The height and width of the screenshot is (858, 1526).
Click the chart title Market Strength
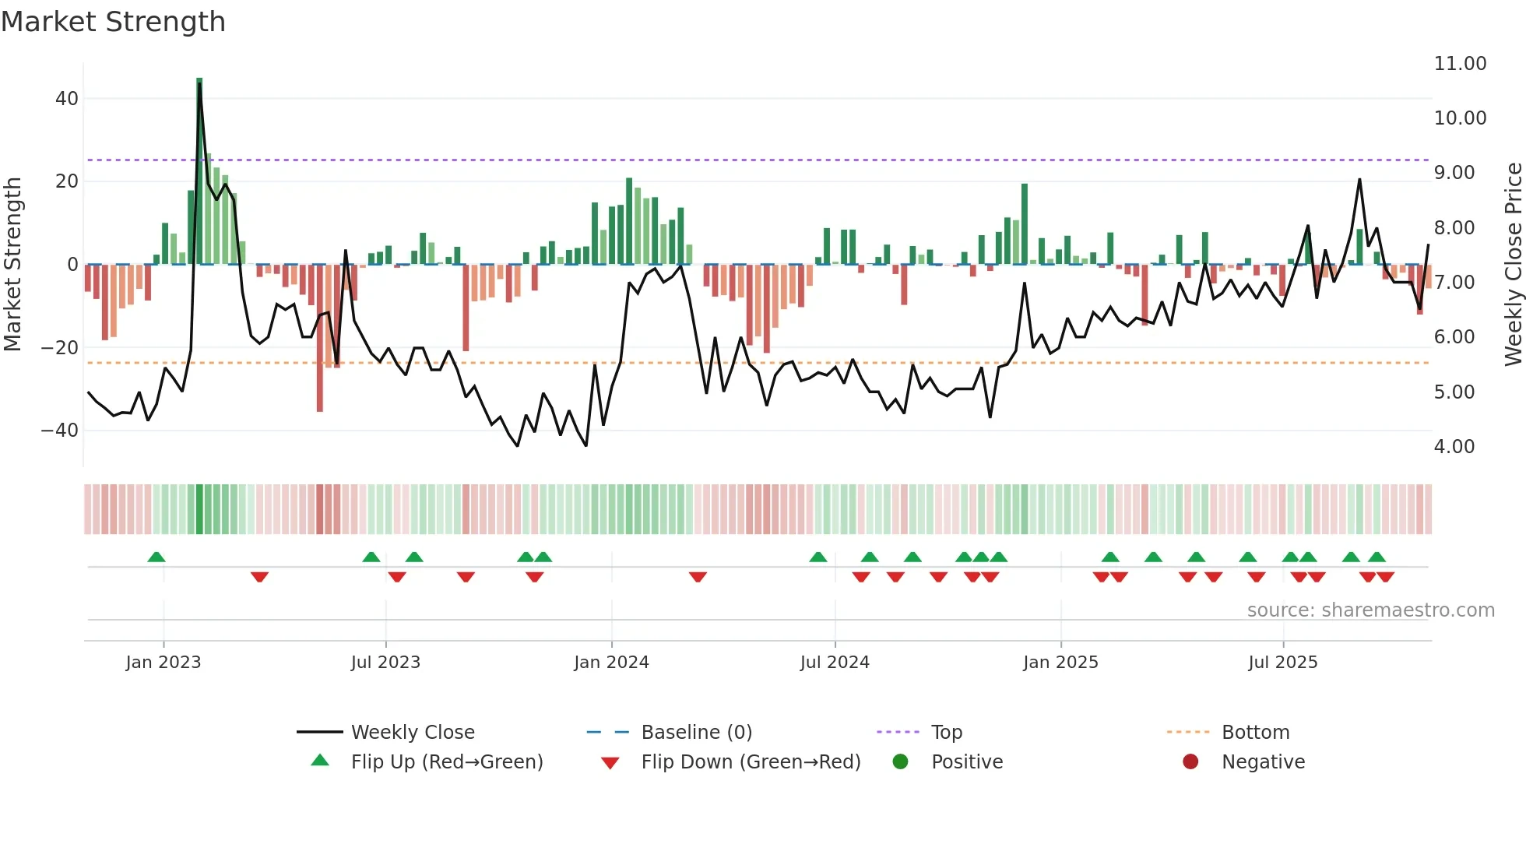click(x=114, y=22)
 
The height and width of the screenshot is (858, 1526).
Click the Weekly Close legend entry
click(x=412, y=732)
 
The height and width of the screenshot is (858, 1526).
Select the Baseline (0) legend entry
click(x=696, y=732)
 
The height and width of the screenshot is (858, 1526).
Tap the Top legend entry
click(x=946, y=732)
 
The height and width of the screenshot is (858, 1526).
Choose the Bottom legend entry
click(x=1255, y=732)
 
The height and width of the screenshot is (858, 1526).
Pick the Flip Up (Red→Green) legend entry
click(x=446, y=761)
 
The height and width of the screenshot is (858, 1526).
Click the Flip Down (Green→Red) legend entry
click(x=751, y=761)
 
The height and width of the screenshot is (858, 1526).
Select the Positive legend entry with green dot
click(x=966, y=761)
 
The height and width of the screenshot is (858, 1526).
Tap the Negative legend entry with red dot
click(x=1263, y=761)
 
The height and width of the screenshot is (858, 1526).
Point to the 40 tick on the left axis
click(x=67, y=99)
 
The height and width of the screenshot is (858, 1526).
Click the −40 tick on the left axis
click(x=60, y=431)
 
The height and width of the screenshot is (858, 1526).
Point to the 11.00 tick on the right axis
click(x=1460, y=64)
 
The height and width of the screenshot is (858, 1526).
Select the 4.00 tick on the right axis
click(x=1454, y=447)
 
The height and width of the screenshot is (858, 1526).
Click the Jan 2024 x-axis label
click(x=611, y=663)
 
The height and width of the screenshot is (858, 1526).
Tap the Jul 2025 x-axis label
click(x=1282, y=663)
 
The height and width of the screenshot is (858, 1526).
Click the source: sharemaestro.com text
click(x=1370, y=610)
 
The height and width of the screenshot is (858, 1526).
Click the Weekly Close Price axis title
click(x=1513, y=265)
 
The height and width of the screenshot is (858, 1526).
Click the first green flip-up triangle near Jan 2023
click(x=156, y=557)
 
